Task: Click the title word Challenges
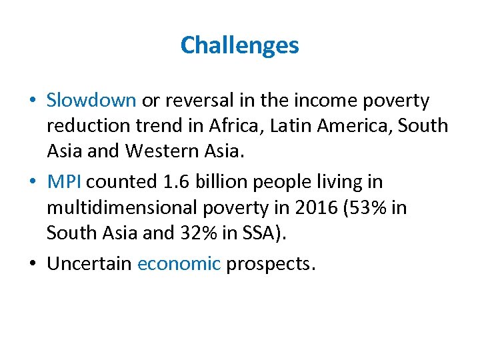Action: (x=239, y=45)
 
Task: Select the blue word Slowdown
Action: (x=91, y=100)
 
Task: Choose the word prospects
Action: (x=269, y=264)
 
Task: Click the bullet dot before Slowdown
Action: (x=33, y=101)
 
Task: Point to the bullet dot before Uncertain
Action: (x=33, y=264)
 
